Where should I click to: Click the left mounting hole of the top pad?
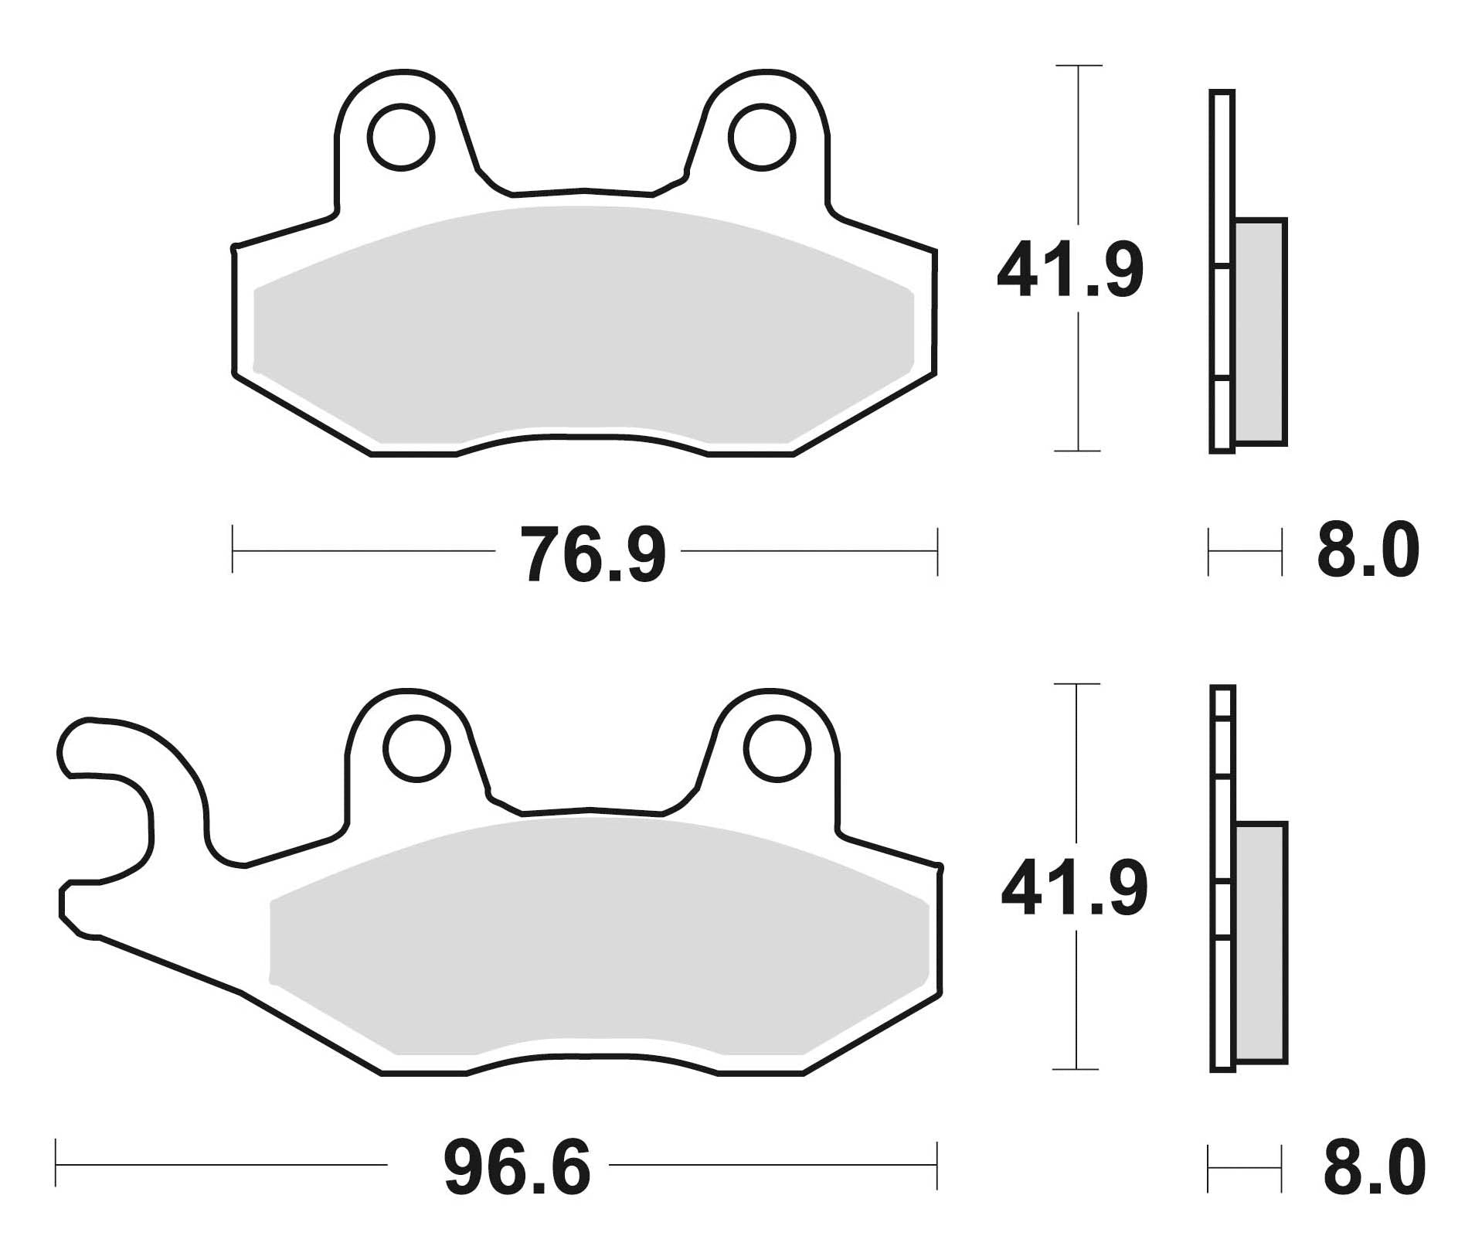coord(401,138)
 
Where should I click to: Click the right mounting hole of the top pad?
coord(763,138)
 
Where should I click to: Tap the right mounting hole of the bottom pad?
coord(777,749)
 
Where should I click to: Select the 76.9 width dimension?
coord(592,554)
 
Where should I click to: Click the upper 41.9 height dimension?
coord(1070,271)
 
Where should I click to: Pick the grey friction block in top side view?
coord(1260,332)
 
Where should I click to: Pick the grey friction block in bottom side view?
coord(1260,944)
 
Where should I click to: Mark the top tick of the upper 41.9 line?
coord(1078,66)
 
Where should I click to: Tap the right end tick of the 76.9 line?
coord(937,551)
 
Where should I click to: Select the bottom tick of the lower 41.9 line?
coord(1076,1069)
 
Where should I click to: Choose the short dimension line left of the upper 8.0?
coord(1245,551)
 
